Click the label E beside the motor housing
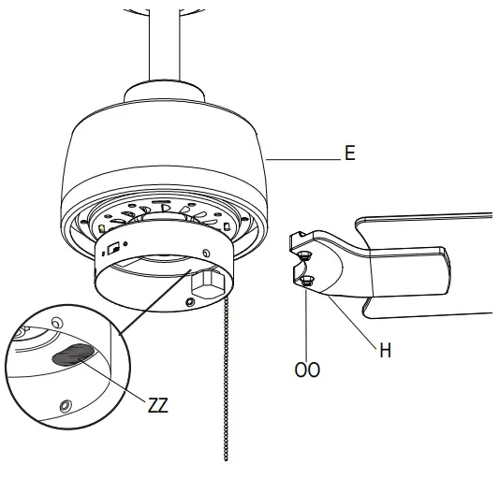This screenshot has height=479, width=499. point(350,153)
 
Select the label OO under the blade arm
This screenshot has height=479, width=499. point(308,370)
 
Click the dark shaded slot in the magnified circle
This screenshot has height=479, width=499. point(73,353)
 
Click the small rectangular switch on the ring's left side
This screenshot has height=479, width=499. point(111,249)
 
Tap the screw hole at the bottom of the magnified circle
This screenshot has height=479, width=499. point(64,405)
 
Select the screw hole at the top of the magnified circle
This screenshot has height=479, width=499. point(57,322)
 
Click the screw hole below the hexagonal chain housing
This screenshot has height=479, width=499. point(191,302)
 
